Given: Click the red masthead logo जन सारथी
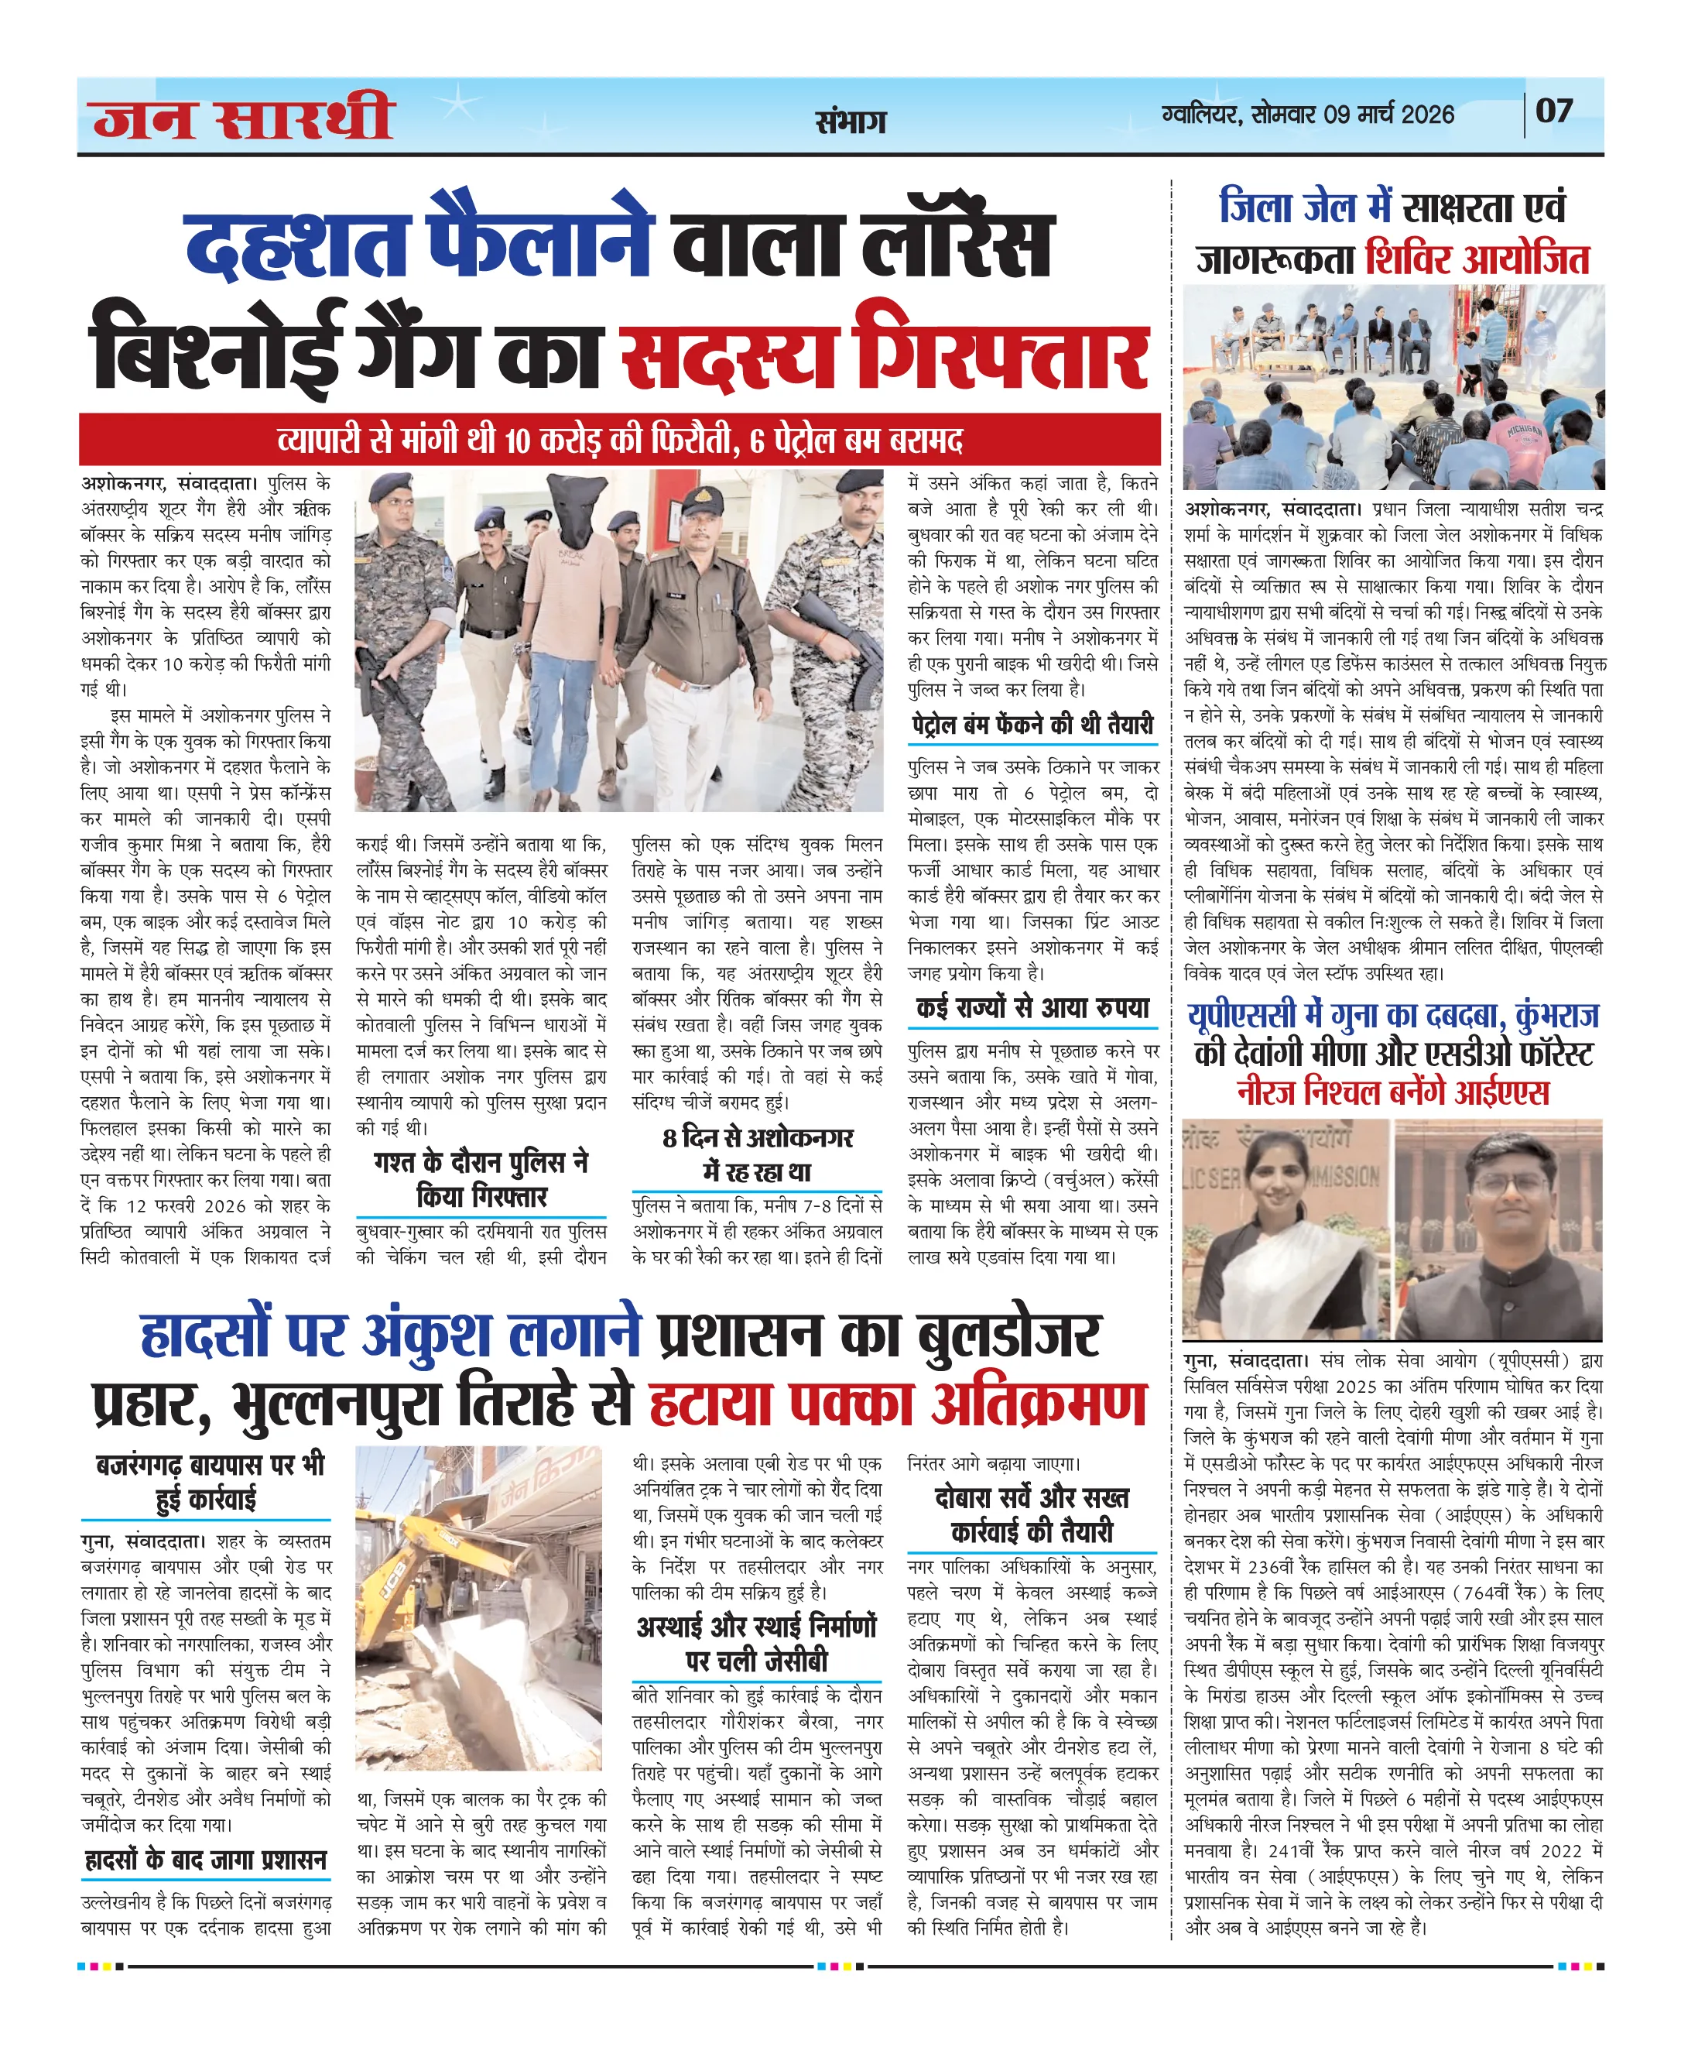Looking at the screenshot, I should pyautogui.click(x=243, y=117).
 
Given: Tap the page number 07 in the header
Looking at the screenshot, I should pyautogui.click(x=1553, y=111).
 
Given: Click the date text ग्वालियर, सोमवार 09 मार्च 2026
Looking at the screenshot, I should pyautogui.click(x=1307, y=115).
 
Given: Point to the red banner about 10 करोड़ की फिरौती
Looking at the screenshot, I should pyautogui.click(x=620, y=441).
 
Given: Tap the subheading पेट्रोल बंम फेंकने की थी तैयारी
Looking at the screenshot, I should pyautogui.click(x=1032, y=725).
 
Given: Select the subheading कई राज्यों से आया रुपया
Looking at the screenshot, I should pyautogui.click(x=1032, y=1009).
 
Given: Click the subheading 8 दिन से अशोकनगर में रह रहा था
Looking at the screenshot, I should pyautogui.click(x=757, y=1155).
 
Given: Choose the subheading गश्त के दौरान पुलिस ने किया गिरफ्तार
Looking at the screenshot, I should pyautogui.click(x=481, y=1179).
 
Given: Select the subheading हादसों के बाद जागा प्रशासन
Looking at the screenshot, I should pyautogui.click(x=205, y=1860).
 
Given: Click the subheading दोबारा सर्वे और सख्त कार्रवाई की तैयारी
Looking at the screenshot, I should pyautogui.click(x=1032, y=1515).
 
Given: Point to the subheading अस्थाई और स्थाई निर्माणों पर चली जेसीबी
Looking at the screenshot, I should pyautogui.click(x=757, y=1644).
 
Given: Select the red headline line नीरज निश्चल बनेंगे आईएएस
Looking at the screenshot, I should pyautogui.click(x=1392, y=1092).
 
